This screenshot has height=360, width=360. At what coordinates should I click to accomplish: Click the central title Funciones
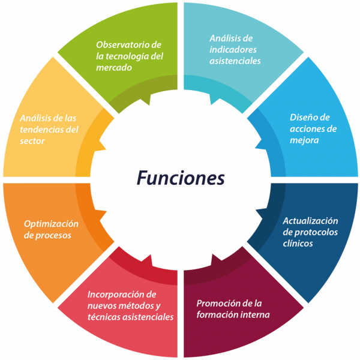(x=180, y=178)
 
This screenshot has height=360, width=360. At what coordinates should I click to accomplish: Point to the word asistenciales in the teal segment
(x=235, y=61)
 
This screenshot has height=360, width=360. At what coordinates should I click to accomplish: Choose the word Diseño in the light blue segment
(x=302, y=117)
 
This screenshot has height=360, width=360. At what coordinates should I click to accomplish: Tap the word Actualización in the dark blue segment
(x=310, y=221)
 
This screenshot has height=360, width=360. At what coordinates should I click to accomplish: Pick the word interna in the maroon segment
(x=253, y=314)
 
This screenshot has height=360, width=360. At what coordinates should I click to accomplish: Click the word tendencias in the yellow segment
(x=41, y=129)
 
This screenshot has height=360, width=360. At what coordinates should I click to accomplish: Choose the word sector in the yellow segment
(x=32, y=140)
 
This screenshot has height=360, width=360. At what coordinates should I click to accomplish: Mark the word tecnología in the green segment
(x=128, y=56)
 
